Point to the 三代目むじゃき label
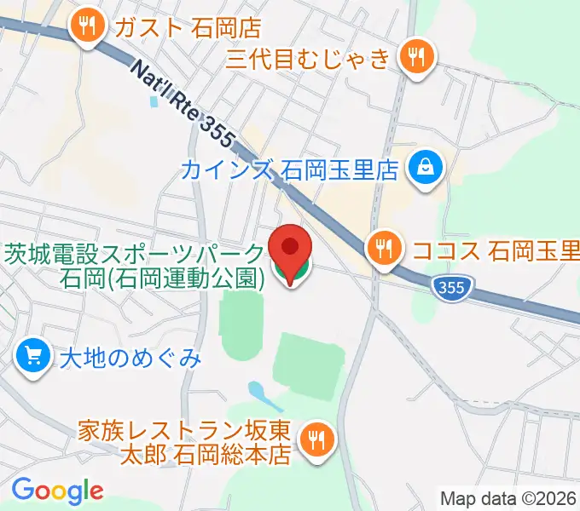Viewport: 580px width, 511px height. [309, 58]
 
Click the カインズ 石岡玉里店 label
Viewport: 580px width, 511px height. [290, 169]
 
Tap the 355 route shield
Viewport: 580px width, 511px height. [449, 287]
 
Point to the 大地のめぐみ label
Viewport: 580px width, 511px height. [130, 357]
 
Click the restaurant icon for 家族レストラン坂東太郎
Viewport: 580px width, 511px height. [318, 440]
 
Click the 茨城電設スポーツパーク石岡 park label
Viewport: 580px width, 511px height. [135, 265]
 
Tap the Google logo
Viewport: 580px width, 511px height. [57, 490]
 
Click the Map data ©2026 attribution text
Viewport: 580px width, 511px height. [508, 498]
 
